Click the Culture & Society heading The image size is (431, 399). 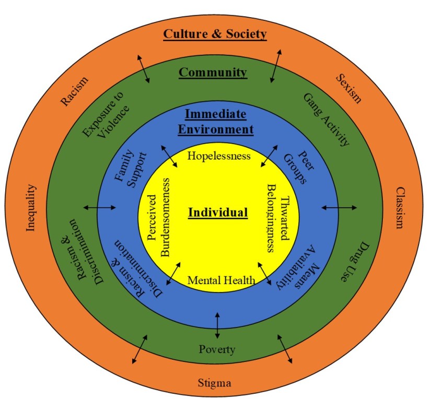coord(215,34)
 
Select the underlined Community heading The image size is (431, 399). coord(213,72)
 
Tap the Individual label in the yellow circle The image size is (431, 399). coord(217,213)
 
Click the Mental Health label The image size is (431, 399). coord(221,280)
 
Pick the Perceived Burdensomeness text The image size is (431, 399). coord(158,217)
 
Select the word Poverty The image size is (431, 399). coord(217,349)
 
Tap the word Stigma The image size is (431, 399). coord(214,383)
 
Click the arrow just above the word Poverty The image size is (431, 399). coord(217,325)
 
